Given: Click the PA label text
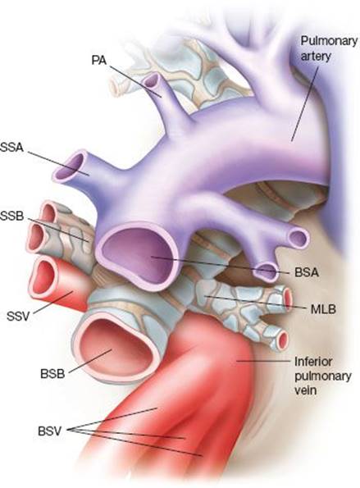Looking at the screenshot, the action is [x=99, y=60].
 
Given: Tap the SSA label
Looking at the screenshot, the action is [x=11, y=147].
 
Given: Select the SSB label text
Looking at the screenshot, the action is [x=11, y=216].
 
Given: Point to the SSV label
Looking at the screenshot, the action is [x=18, y=317].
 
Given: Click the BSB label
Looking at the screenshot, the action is [x=52, y=373].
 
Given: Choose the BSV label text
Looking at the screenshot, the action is [x=50, y=431].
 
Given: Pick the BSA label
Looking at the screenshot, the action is [x=307, y=272].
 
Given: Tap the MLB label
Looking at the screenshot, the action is [x=324, y=309].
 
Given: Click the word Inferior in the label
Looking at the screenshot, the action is [x=313, y=362].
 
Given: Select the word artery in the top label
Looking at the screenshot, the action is [x=316, y=57].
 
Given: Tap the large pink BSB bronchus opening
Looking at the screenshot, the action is [x=116, y=347].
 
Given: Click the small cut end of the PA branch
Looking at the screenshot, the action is [x=151, y=81].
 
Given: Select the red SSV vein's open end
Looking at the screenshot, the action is [x=43, y=277].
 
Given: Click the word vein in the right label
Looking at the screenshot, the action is [x=306, y=390].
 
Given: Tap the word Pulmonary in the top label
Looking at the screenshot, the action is [x=329, y=41].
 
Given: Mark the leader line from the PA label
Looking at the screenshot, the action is [x=135, y=81].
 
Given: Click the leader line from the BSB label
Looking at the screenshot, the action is [x=90, y=361].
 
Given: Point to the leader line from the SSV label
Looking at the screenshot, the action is [x=53, y=302].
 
